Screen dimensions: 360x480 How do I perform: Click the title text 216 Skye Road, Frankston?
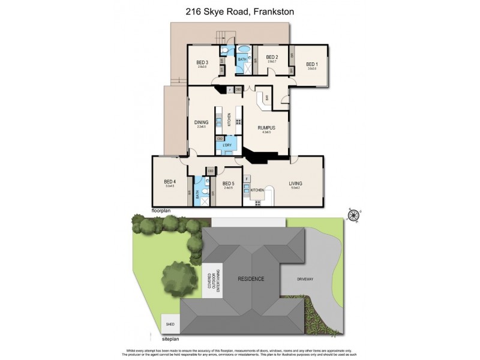[x=240, y=11]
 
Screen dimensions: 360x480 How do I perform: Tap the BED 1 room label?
[x=311, y=64]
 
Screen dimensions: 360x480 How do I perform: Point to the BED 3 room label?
[x=202, y=62]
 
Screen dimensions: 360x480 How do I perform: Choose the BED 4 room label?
[x=170, y=182]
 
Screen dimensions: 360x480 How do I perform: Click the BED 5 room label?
[x=227, y=184]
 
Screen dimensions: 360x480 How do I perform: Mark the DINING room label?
[x=201, y=122]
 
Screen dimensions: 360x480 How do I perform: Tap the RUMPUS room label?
[x=266, y=128]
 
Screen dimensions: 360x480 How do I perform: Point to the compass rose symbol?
[x=353, y=214]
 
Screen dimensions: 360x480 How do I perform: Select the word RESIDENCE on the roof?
[x=251, y=279]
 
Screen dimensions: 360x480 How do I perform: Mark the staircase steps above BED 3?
[x=223, y=36]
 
